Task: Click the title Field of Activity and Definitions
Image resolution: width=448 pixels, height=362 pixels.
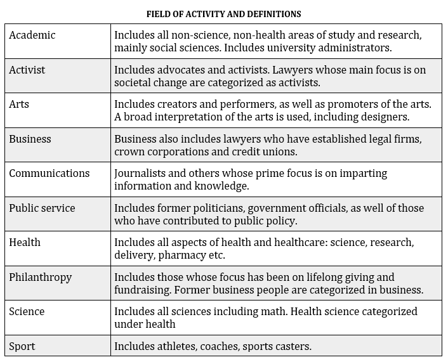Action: point(224,13)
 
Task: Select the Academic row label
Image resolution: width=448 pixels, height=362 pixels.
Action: point(32,36)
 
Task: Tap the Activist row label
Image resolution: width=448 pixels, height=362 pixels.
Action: point(27,70)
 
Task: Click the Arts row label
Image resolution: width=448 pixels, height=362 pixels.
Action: point(19,105)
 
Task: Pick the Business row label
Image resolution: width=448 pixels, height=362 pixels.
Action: point(30,139)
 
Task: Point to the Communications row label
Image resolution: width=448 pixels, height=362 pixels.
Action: point(49,173)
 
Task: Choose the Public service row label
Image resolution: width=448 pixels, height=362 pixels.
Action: point(42,208)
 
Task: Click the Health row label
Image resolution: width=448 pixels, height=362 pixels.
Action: point(25,242)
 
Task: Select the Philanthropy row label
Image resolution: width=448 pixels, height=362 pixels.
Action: point(41,277)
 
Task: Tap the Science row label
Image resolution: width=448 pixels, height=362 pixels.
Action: point(27,311)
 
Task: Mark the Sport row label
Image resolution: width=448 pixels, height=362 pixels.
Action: point(22,346)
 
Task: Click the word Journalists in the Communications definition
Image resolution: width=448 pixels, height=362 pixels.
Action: point(140,173)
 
